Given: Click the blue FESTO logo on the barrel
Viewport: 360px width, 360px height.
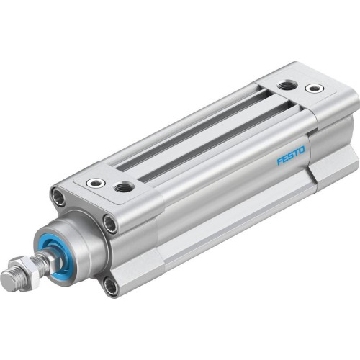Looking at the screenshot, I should point(291,155).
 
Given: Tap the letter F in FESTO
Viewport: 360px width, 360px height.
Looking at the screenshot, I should point(279,160).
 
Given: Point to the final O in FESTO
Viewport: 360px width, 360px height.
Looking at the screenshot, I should point(302,150).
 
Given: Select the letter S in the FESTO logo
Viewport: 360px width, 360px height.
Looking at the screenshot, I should point(291,155).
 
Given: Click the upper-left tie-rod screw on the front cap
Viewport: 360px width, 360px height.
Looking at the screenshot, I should point(58,195).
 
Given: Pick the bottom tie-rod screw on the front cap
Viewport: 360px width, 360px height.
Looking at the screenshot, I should point(109,286).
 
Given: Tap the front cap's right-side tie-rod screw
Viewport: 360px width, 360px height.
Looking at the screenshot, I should point(110,224).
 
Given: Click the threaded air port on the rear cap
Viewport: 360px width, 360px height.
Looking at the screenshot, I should point(288,84).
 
